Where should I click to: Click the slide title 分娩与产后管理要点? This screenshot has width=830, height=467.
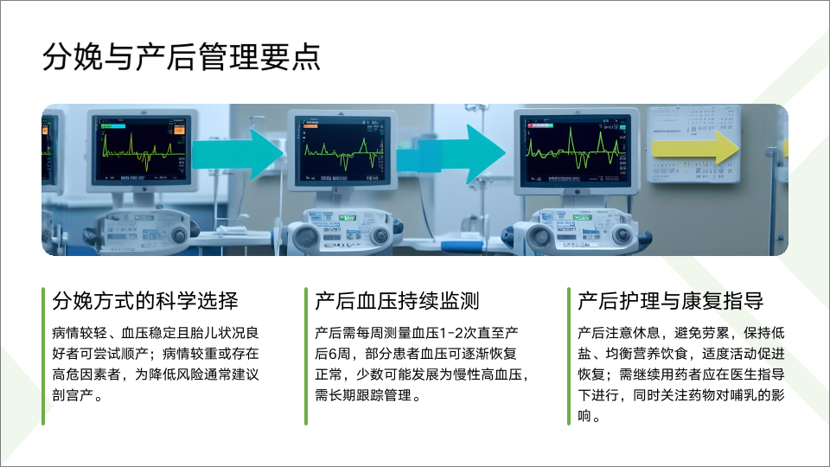click(181, 57)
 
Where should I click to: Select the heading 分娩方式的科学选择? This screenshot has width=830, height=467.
click(145, 301)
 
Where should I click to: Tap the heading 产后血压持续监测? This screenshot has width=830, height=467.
click(397, 301)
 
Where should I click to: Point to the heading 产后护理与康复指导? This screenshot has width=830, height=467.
click(671, 301)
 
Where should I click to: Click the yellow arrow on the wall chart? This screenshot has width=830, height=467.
click(695, 148)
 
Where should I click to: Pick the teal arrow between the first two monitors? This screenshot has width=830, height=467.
click(239, 154)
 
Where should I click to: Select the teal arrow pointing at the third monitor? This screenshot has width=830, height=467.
click(451, 155)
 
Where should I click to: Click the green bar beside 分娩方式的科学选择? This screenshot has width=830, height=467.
click(43, 356)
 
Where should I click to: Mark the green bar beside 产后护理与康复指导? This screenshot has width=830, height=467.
click(569, 356)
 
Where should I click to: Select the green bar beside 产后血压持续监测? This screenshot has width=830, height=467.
click(306, 356)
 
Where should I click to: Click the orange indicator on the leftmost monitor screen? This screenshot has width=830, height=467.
click(179, 131)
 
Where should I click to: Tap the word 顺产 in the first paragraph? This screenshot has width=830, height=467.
click(135, 354)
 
